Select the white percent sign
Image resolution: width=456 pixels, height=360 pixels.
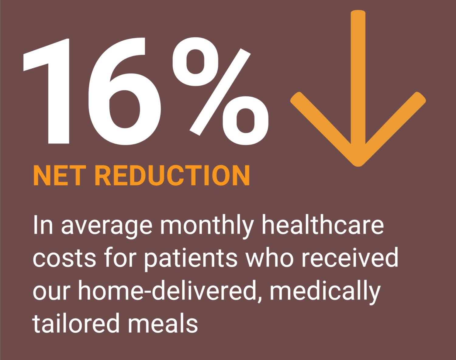220,91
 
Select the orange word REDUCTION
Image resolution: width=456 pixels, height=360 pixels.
172,175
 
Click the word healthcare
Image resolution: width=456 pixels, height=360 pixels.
323,225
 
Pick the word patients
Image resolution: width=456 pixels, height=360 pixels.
191,260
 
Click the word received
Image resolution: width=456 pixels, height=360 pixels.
350,257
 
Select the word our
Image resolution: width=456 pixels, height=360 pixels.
51,292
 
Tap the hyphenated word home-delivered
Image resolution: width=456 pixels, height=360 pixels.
168,290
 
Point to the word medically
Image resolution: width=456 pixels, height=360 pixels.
325,292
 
